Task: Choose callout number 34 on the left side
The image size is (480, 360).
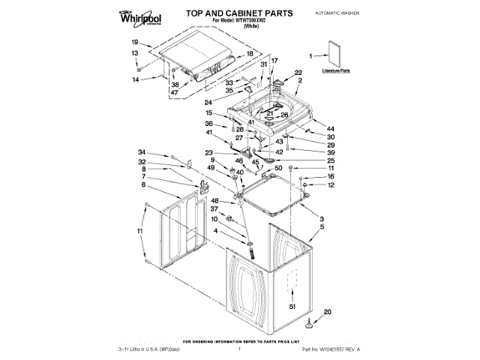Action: (142, 154)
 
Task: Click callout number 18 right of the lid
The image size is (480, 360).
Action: (250, 54)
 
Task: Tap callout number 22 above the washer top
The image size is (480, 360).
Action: (298, 72)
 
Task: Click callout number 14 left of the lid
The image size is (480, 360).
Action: (136, 79)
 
